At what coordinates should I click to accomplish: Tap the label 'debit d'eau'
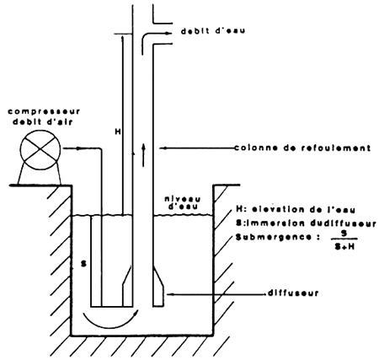[213, 30]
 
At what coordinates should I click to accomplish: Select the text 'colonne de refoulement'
[302, 148]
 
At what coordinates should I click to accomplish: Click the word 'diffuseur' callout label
[293, 293]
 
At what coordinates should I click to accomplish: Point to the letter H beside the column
[118, 132]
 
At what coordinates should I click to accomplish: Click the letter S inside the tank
[83, 264]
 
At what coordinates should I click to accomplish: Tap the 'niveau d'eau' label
[183, 202]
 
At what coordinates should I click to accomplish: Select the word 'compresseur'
[44, 111]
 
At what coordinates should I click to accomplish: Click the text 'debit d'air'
[43, 122]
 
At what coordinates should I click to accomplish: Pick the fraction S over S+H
[344, 239]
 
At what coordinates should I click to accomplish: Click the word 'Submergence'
[274, 237]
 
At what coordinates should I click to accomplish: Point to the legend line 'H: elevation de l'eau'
[296, 210]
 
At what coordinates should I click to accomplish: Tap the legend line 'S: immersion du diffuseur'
[307, 223]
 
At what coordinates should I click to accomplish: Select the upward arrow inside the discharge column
[143, 155]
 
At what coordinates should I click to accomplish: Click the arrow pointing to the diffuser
[216, 294]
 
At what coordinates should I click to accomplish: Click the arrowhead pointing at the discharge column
[163, 148]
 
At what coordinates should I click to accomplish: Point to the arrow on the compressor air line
[80, 148]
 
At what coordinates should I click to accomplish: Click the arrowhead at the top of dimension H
[122, 38]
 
